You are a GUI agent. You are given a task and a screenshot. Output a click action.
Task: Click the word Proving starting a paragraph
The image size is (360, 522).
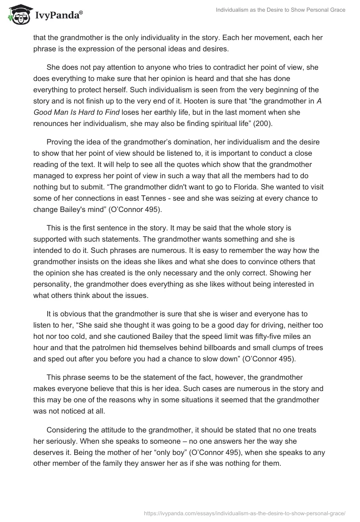tap(60, 142)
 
